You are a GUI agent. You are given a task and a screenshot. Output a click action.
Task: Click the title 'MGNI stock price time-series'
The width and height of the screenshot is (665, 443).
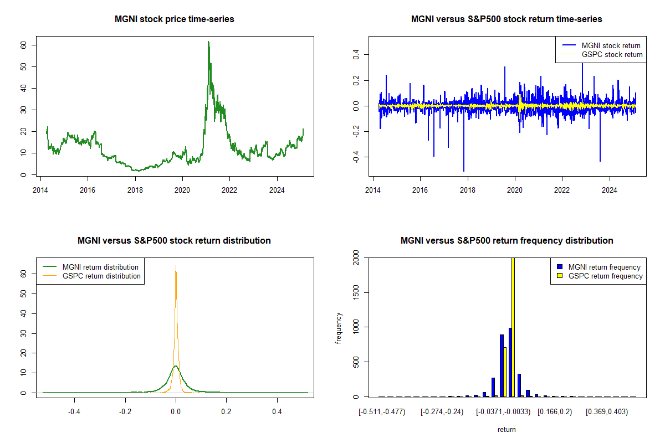tap(174, 19)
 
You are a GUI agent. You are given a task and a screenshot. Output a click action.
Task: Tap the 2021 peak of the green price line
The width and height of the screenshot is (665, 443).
tap(208, 42)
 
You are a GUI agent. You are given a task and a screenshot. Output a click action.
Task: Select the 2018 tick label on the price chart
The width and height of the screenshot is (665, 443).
tap(135, 189)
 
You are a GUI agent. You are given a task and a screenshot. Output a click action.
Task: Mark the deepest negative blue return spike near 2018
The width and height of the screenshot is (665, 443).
tap(464, 171)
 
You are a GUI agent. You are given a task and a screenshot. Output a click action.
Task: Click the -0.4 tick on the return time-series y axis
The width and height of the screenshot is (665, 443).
tap(356, 157)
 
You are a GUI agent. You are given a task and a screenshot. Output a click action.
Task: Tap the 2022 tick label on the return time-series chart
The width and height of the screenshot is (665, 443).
tap(562, 189)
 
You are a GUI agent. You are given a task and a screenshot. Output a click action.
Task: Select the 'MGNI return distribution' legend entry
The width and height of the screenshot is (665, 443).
tap(100, 267)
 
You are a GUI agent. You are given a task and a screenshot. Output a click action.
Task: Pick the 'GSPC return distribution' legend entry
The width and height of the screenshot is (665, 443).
tap(101, 276)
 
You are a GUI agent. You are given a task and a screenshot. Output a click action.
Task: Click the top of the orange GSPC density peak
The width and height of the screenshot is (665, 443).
tap(176, 266)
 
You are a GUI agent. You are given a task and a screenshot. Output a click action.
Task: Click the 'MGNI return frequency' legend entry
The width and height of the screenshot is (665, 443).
tap(604, 267)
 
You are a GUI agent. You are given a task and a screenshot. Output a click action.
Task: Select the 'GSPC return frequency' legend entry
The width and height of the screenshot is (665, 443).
tap(605, 276)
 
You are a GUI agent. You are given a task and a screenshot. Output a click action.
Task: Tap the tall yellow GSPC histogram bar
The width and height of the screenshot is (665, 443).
tap(513, 327)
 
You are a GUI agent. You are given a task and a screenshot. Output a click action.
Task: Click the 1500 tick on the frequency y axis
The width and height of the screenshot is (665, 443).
tap(356, 292)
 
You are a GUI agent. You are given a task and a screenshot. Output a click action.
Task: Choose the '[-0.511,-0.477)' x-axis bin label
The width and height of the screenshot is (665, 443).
tap(382, 411)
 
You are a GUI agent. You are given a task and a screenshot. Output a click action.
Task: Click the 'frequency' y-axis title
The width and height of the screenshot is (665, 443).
tap(339, 328)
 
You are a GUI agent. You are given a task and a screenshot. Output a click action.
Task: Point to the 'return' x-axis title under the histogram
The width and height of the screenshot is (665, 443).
tap(507, 429)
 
